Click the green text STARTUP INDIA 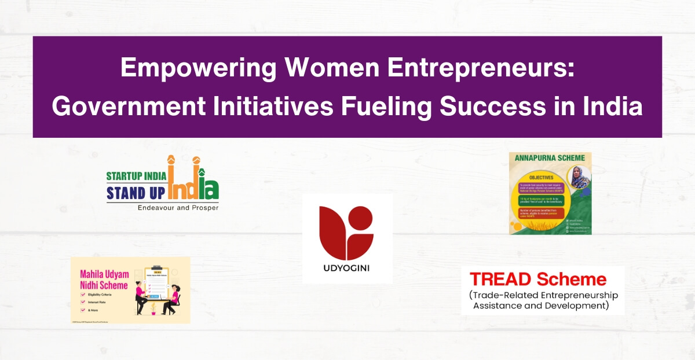tap(137, 176)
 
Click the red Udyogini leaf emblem tap(347, 232)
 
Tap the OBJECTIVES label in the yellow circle tap(536, 177)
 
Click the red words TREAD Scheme tap(538, 280)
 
